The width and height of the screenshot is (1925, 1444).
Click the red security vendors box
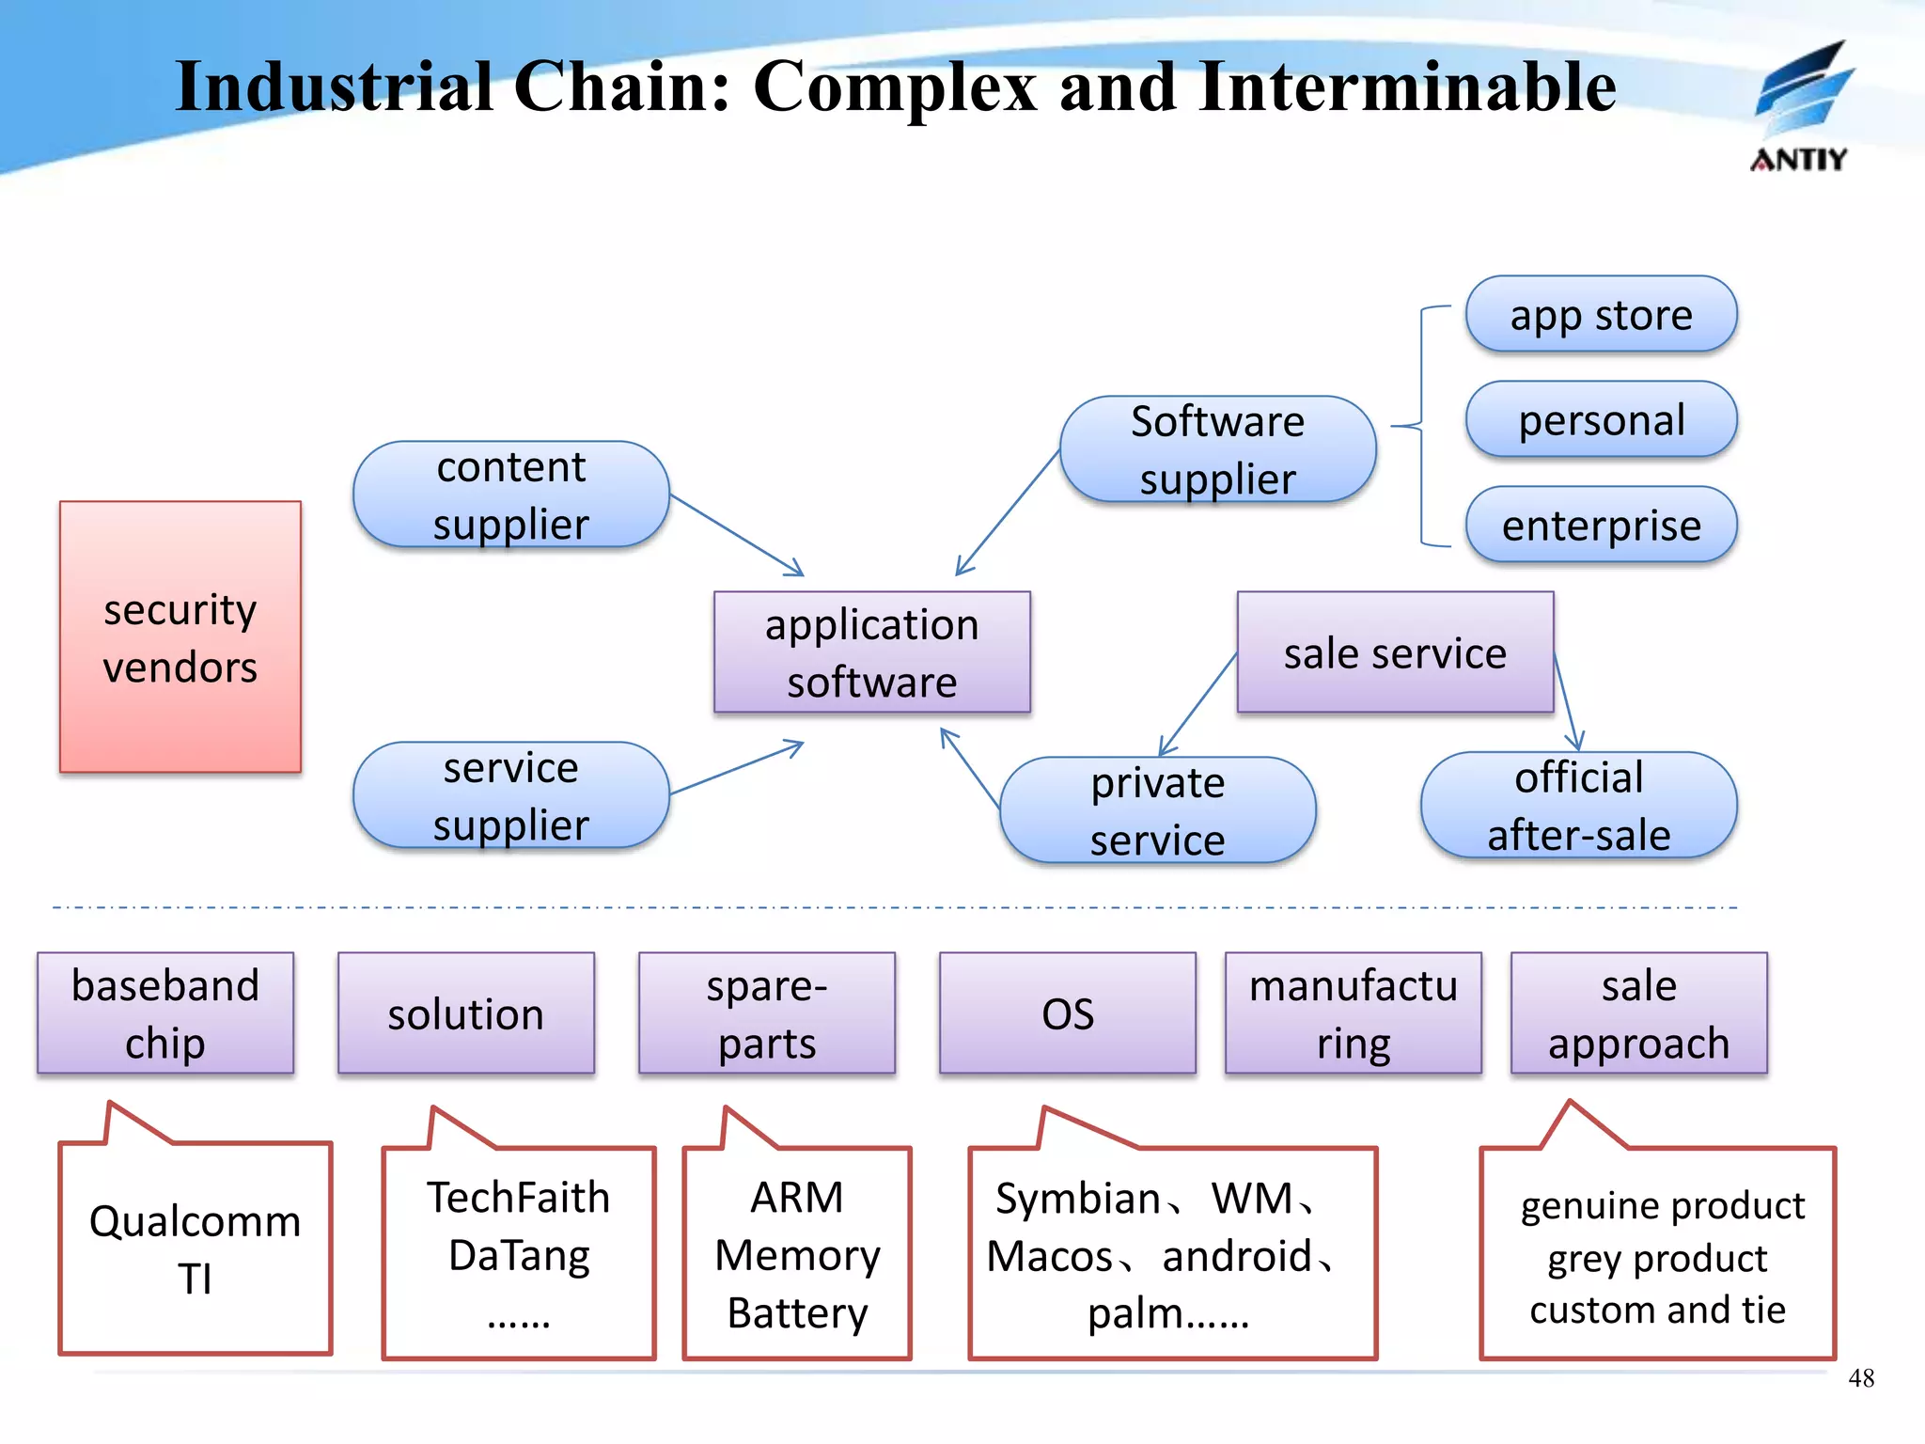click(x=180, y=636)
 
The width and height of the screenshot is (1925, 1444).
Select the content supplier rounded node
click(x=510, y=494)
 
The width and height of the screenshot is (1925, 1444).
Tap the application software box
click(x=871, y=651)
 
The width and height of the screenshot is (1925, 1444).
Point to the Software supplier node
click(x=1217, y=449)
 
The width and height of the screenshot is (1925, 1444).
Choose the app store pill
click(x=1601, y=314)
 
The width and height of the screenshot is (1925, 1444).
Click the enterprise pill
click(x=1601, y=525)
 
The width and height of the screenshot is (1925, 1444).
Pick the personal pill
click(x=1601, y=419)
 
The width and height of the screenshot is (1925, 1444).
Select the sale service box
click(x=1395, y=651)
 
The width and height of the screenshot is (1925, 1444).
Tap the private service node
click(x=1157, y=809)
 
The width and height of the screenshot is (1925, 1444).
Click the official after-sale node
click(x=1578, y=805)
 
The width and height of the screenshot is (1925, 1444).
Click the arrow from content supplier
click(x=738, y=535)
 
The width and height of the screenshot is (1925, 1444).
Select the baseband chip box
click(x=165, y=1012)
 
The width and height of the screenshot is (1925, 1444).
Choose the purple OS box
click(x=1067, y=1012)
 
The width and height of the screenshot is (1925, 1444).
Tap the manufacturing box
click(x=1353, y=1012)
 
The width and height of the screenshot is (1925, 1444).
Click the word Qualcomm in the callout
click(x=195, y=1221)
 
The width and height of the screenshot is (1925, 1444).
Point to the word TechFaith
click(x=518, y=1198)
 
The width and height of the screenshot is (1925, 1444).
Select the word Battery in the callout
click(x=797, y=1312)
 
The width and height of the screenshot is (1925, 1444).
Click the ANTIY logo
click(x=1800, y=108)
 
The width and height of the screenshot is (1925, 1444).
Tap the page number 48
click(x=1860, y=1378)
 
